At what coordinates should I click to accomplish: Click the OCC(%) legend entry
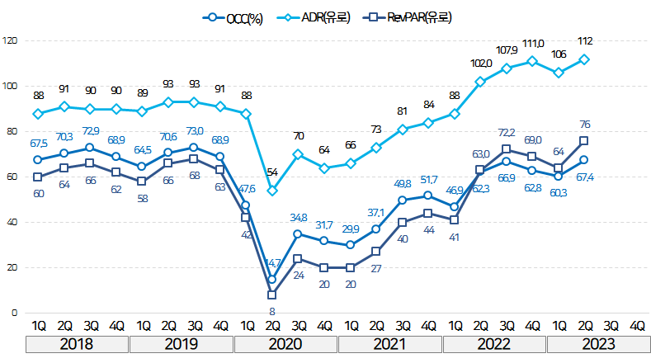point(234,16)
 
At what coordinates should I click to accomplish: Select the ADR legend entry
point(314,16)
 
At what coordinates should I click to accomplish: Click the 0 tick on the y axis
point(13,313)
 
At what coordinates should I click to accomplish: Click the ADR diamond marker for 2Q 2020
point(272,191)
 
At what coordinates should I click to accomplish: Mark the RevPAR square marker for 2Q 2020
point(272,295)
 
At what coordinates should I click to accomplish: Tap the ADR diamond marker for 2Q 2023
point(584,59)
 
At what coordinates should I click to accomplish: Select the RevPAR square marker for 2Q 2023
point(584,140)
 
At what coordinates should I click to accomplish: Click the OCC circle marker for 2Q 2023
point(584,160)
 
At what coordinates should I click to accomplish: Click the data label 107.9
point(506,49)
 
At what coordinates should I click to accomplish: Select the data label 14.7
point(273,264)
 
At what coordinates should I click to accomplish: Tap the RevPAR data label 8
point(272,310)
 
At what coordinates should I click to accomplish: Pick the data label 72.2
point(507,133)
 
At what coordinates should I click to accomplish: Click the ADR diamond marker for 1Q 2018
point(38,114)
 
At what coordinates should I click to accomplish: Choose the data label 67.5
point(38,144)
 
